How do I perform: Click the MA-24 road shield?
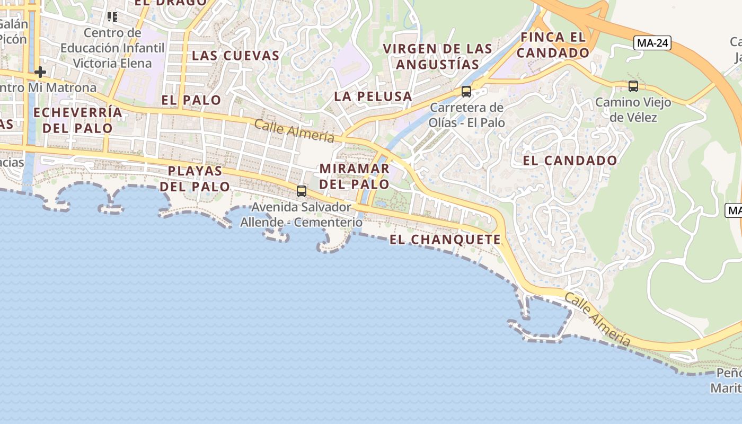click(x=652, y=43)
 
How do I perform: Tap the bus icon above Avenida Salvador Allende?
click(x=302, y=191)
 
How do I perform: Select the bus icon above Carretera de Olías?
click(x=466, y=91)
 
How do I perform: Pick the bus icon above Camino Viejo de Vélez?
click(x=633, y=86)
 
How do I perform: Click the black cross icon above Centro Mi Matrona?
click(x=40, y=72)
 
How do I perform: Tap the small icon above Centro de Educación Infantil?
click(x=112, y=17)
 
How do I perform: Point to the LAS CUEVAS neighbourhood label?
click(x=235, y=55)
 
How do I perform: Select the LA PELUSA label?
click(x=373, y=96)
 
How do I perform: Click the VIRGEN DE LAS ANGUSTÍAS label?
click(x=438, y=56)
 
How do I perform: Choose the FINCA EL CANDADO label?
click(x=553, y=45)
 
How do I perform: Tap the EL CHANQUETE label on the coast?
click(x=445, y=240)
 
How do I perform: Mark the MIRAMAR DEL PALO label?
click(x=355, y=176)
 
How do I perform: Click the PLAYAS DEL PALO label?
click(x=195, y=179)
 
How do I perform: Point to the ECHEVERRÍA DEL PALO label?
click(x=78, y=120)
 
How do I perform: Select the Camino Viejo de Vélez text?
click(x=633, y=109)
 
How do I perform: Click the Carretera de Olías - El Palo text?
click(x=466, y=115)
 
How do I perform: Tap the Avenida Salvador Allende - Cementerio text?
click(x=301, y=214)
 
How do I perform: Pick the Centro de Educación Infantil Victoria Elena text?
click(x=112, y=48)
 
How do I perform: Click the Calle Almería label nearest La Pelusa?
click(x=294, y=130)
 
